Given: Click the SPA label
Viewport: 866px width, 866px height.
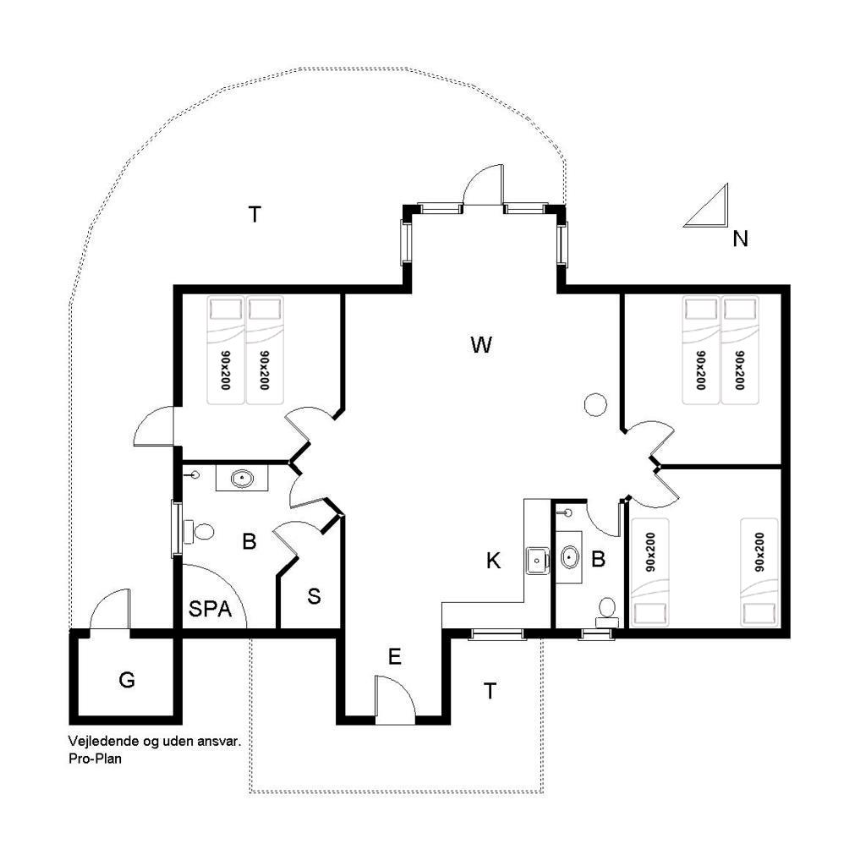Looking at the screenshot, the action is tap(210, 609).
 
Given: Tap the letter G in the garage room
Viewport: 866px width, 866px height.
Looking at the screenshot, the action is tap(127, 679).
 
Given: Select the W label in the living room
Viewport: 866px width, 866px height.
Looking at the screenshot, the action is tap(481, 345).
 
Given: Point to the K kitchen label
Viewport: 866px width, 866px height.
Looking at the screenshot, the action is tap(493, 561).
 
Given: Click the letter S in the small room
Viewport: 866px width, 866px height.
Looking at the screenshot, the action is tap(314, 596).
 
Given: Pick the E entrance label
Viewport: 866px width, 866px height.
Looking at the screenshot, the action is tap(394, 656).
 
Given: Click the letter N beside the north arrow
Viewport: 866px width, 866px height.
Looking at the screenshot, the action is tap(740, 238).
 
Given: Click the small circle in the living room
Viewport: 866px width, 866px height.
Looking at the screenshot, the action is tap(595, 404).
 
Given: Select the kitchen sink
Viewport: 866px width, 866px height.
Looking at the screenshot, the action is tap(537, 561).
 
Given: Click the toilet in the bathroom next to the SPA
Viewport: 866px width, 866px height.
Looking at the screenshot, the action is tap(199, 532).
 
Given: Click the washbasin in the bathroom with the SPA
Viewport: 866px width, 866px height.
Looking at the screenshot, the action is tap(242, 479).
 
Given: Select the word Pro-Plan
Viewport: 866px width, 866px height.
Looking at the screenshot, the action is tap(95, 759).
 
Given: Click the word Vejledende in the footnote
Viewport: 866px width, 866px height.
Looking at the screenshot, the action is tap(104, 741).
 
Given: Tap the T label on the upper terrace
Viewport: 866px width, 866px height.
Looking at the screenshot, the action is tap(255, 214).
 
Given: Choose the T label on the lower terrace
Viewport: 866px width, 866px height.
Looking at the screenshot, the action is tap(490, 691).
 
